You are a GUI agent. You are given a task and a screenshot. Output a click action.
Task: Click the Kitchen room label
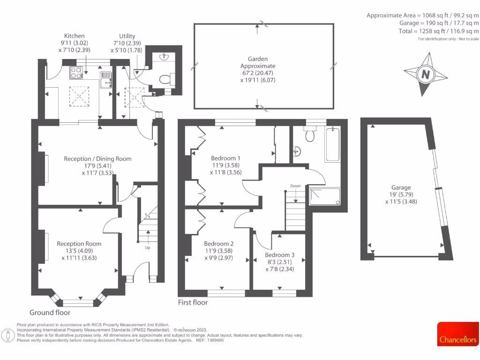pyautogui.click(x=75, y=36)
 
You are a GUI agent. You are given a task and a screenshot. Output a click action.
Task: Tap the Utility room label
pyautogui.click(x=127, y=36)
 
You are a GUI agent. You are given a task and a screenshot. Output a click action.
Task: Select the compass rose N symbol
pyautogui.click(x=425, y=74)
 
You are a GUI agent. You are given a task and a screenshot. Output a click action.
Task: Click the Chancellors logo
pyautogui.click(x=458, y=340)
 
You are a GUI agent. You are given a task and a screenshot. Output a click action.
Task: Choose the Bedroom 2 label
pyautogui.click(x=218, y=243)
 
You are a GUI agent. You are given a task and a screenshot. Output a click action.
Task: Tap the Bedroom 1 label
pyautogui.click(x=225, y=157)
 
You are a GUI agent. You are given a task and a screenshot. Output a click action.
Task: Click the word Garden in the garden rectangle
pyautogui.click(x=258, y=59)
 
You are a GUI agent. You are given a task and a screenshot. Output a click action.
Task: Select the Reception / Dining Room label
pyautogui.click(x=97, y=158)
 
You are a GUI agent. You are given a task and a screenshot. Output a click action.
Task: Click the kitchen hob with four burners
pyautogui.click(x=76, y=73)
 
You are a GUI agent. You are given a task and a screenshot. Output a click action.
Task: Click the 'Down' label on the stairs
pyautogui.click(x=295, y=186)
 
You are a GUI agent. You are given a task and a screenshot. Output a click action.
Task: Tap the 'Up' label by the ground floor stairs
pyautogui.click(x=148, y=247)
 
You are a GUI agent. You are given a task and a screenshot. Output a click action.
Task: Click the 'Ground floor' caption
pyautogui.click(x=50, y=312)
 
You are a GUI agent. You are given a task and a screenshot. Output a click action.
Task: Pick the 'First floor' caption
pyautogui.click(x=192, y=302)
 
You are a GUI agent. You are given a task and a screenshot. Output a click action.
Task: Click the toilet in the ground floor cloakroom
pyautogui.click(x=165, y=79)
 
